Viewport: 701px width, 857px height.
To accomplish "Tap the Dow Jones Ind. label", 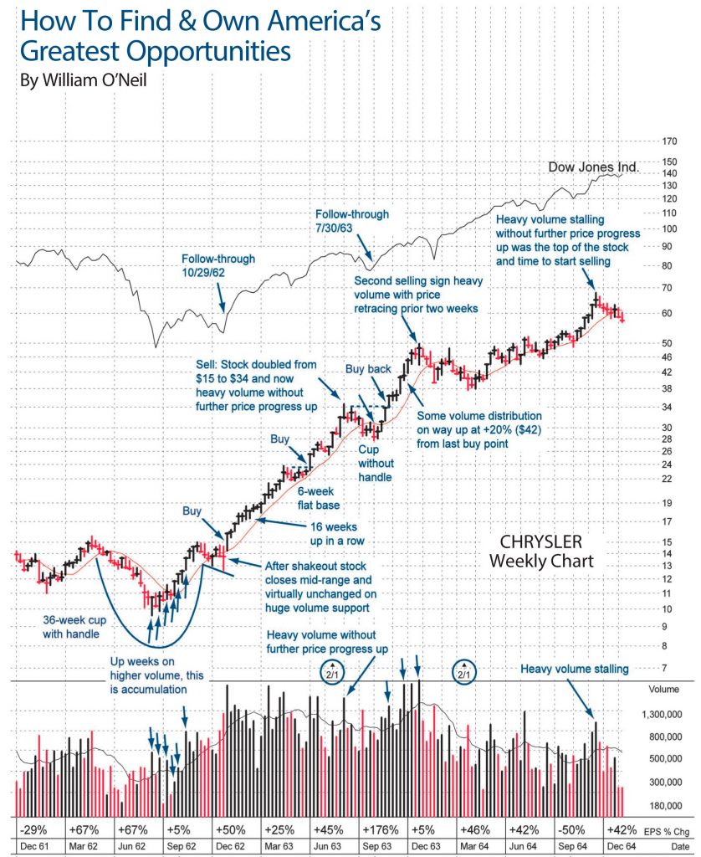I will pos(593,167).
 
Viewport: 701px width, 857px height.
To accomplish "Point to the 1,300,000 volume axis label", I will pos(665,716).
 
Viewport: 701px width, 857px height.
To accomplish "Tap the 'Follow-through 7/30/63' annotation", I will pos(352,222).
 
